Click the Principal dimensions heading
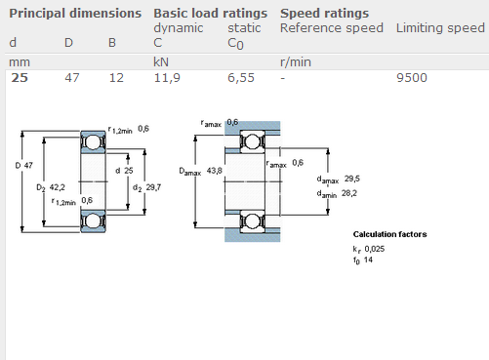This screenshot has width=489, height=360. [75, 14]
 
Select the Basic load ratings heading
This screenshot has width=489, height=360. [210, 14]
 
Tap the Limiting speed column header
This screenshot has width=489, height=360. [440, 28]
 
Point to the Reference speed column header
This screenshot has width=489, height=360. [332, 28]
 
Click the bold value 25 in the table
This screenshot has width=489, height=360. [20, 78]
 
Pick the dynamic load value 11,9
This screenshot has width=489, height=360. [167, 78]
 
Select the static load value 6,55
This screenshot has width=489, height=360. [241, 78]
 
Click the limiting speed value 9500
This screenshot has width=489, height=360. [412, 78]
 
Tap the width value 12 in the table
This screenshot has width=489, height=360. [116, 78]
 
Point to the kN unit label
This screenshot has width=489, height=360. [161, 62]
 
